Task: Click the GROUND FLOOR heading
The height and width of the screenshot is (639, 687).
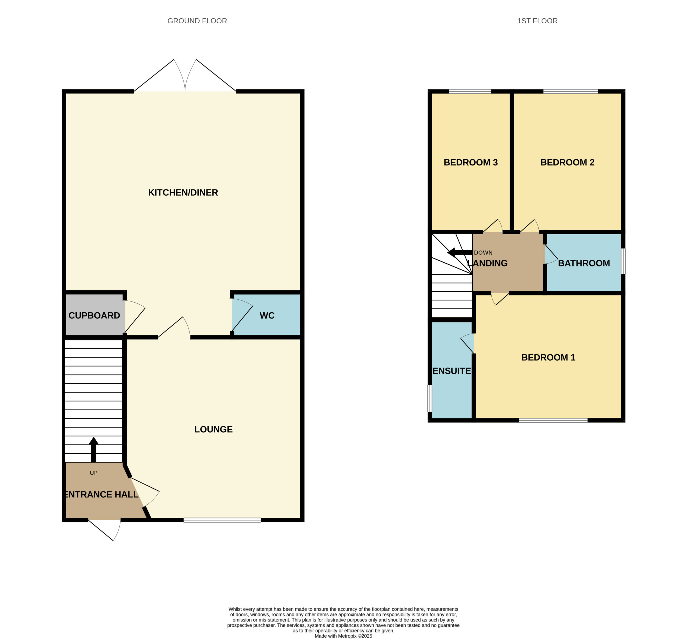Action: (197, 21)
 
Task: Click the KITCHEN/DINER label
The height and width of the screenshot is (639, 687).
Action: (183, 193)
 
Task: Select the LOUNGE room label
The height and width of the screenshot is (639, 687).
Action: (213, 429)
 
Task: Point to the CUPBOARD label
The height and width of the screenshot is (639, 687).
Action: (94, 315)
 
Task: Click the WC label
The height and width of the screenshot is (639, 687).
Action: (267, 315)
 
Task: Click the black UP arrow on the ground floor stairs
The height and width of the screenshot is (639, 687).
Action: (94, 450)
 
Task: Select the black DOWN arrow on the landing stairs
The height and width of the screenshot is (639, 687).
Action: (459, 253)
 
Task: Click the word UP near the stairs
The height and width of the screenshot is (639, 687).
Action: (94, 473)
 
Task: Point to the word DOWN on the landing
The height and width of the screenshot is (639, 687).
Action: (483, 253)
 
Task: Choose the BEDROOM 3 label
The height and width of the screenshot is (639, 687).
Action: (470, 163)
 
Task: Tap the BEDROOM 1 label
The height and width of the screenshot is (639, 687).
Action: (548, 358)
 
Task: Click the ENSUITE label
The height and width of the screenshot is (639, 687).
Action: (452, 371)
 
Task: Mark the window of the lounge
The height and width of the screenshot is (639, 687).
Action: (222, 520)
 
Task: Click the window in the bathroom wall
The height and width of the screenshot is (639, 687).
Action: (623, 261)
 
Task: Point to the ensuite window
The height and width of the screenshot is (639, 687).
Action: (430, 399)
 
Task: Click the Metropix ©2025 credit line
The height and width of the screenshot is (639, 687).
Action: (343, 636)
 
